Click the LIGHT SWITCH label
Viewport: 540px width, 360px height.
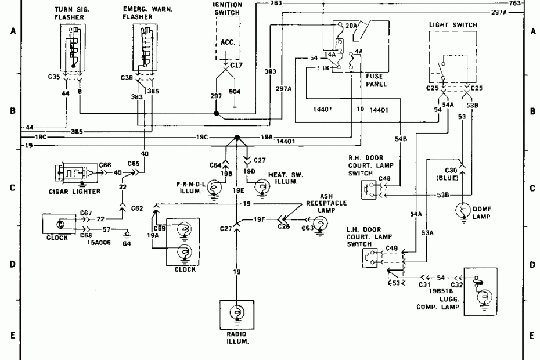click(x=453, y=26)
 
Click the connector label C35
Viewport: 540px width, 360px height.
click(x=55, y=75)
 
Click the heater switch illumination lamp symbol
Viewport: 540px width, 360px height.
click(x=262, y=186)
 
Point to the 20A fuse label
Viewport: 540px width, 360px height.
click(x=352, y=26)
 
